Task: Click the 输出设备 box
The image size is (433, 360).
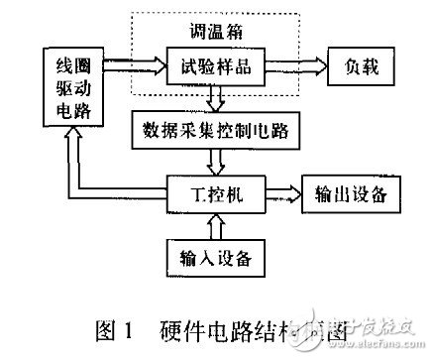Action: tap(352, 190)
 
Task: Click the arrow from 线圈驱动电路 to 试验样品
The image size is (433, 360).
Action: tap(133, 67)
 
